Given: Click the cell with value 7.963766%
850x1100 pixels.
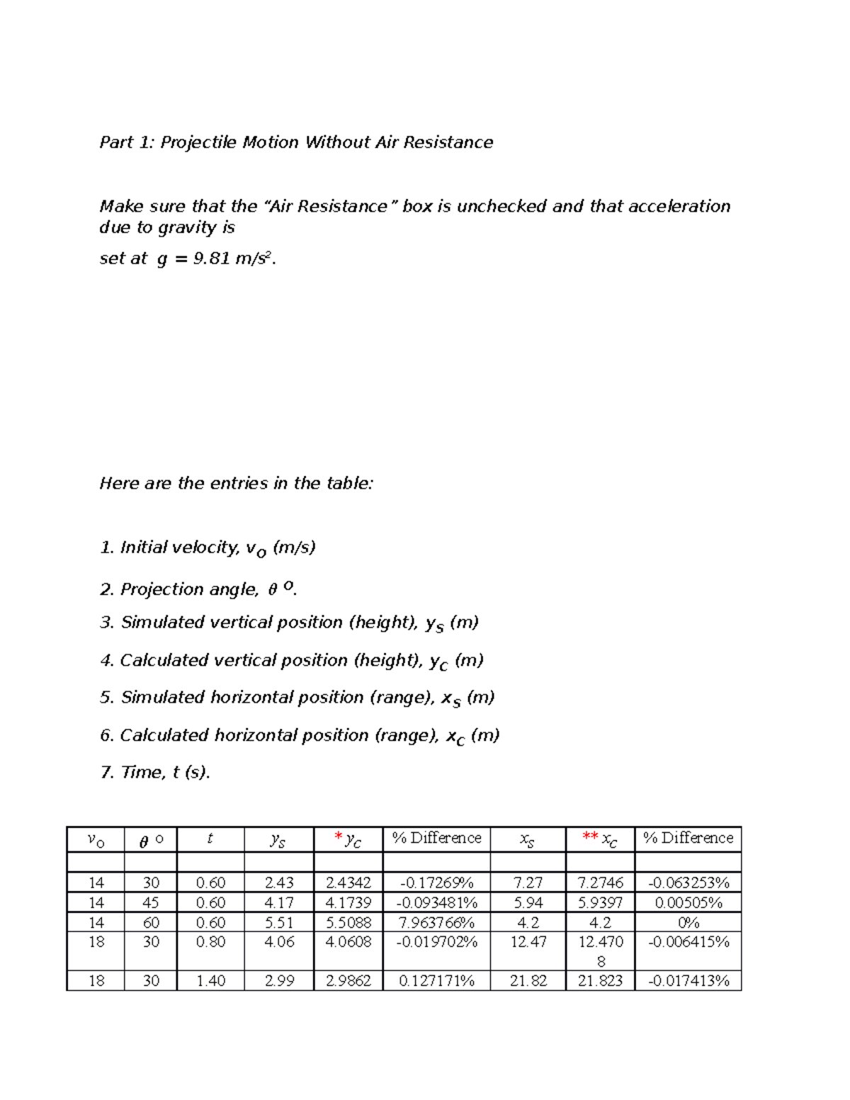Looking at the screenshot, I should coord(436,922).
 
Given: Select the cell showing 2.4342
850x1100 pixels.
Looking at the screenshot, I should coord(348,883).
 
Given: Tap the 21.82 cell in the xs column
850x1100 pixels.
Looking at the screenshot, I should coord(528,980).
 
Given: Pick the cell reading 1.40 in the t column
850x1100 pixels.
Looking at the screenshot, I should coord(210,980).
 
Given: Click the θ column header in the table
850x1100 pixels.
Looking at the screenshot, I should coord(150,840).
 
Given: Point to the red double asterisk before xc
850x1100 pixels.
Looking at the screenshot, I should coord(589,837).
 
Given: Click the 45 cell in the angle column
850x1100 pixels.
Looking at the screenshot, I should coord(150,902).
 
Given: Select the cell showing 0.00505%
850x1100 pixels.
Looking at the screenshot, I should coord(688,902).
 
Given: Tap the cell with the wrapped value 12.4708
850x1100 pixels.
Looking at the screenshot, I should coord(600,951).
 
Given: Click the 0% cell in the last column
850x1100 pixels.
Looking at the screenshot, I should coord(688,922).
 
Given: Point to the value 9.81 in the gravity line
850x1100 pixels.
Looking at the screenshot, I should coord(211,259).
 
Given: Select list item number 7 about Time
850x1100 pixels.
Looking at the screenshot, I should coord(155,772).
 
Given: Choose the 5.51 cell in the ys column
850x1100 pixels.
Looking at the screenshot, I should coord(279,922).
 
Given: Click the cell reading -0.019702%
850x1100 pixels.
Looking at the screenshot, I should coord(436,942).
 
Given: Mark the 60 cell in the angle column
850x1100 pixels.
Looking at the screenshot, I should coord(150,922).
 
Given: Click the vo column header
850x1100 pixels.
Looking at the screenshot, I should coord(95,840).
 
